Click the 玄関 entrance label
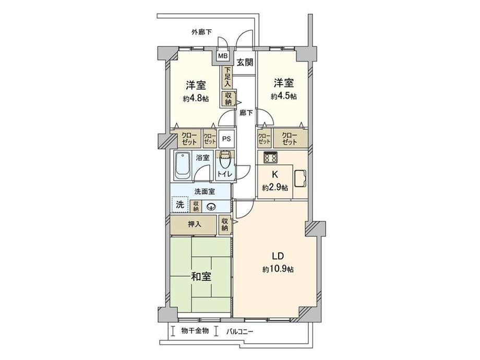[x=244, y=62]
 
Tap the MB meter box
[x=223, y=56]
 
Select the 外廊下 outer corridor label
[x=201, y=32]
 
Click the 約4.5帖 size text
[x=284, y=97]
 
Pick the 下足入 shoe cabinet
[x=227, y=77]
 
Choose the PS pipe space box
[x=226, y=139]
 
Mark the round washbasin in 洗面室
[x=211, y=206]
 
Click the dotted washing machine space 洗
[x=179, y=204]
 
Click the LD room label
[x=277, y=256]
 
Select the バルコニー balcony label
[x=240, y=331]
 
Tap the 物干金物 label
[x=195, y=331]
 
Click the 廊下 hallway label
[x=245, y=112]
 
